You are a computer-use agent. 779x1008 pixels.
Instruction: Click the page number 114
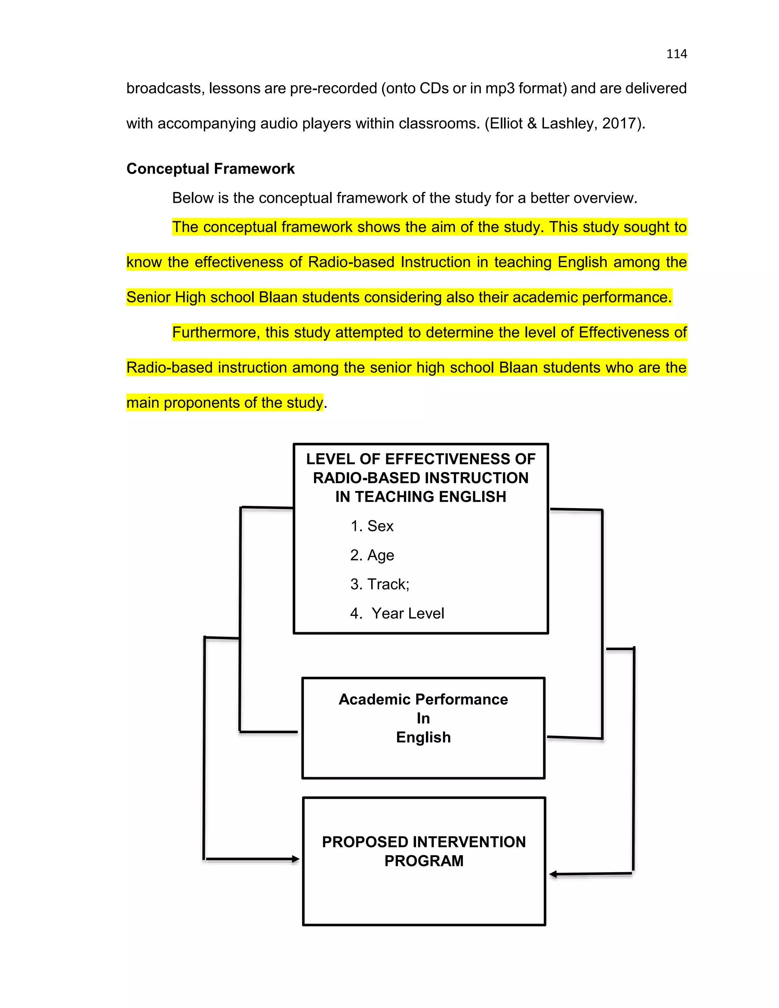pyautogui.click(x=677, y=54)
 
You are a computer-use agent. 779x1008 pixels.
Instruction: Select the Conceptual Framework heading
pyautogui.click(x=210, y=169)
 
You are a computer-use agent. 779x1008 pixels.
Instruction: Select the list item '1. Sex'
pyautogui.click(x=372, y=526)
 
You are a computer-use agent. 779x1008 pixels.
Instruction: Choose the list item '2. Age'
pyautogui.click(x=372, y=555)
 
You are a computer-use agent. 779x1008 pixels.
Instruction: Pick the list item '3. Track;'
pyautogui.click(x=379, y=584)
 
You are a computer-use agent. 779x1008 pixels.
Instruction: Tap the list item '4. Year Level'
pyautogui.click(x=397, y=614)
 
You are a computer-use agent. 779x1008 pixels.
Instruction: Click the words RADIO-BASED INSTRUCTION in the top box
pyautogui.click(x=420, y=478)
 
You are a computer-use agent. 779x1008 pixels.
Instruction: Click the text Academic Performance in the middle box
pyautogui.click(x=423, y=699)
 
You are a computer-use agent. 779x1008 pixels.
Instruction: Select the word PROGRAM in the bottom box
pyautogui.click(x=424, y=861)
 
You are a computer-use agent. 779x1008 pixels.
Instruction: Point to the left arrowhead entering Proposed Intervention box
pyautogui.click(x=296, y=859)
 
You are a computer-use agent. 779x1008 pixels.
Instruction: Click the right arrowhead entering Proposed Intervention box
pyautogui.click(x=553, y=874)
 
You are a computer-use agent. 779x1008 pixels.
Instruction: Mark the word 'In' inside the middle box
pyautogui.click(x=423, y=718)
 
